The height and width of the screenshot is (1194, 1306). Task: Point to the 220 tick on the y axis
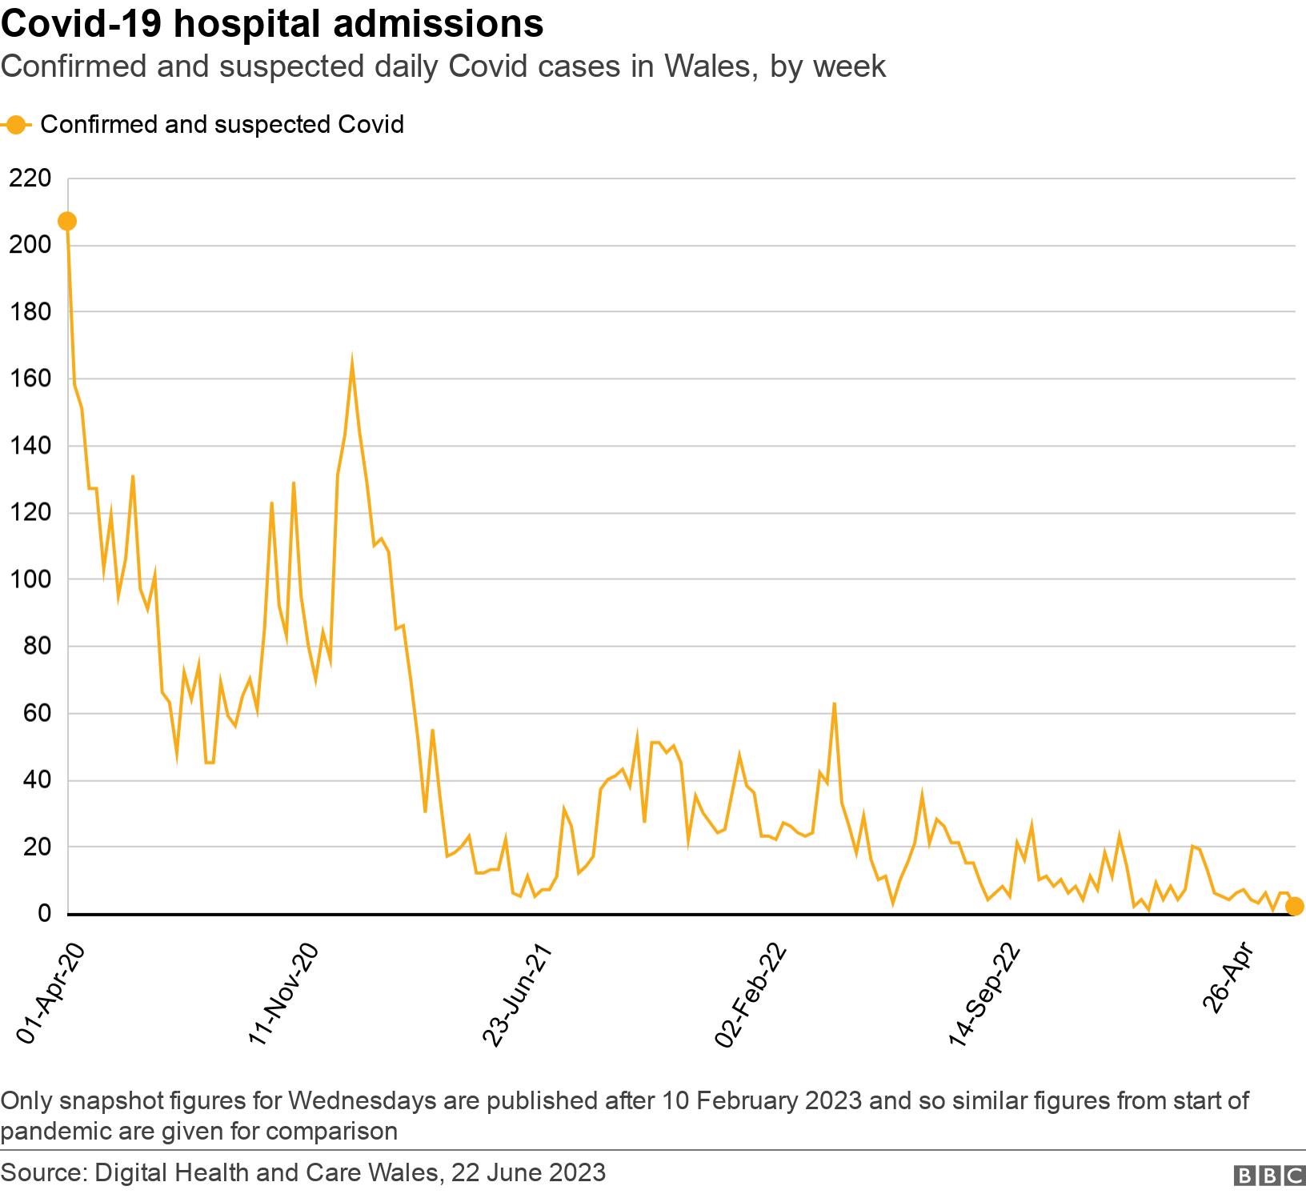(x=30, y=178)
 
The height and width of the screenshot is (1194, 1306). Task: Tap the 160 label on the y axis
(x=30, y=379)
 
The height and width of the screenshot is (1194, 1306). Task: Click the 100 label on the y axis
(x=30, y=579)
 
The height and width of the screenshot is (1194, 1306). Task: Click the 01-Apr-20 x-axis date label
(x=50, y=992)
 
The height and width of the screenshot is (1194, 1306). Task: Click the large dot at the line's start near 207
(x=67, y=221)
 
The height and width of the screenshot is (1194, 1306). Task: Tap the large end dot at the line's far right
(x=1294, y=906)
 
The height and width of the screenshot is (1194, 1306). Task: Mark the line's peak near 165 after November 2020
(x=352, y=361)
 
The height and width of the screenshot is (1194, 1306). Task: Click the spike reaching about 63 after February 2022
(x=835, y=703)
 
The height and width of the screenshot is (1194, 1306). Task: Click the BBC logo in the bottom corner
(x=1269, y=1175)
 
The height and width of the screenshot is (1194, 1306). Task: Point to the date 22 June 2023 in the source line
(x=528, y=1173)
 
